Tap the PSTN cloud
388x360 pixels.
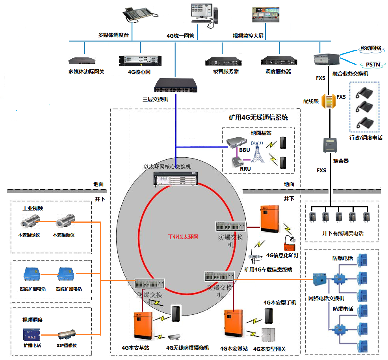pyautogui.click(x=373, y=65)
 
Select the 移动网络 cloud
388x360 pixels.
pyautogui.click(x=371, y=48)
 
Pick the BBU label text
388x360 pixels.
pyautogui.click(x=244, y=150)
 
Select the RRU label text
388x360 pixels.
pyautogui.click(x=245, y=169)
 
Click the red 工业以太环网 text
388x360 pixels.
pyautogui.click(x=183, y=237)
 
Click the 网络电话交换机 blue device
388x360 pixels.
pyautogui.click(x=319, y=279)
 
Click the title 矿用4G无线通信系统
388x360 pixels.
pyautogui.click(x=258, y=117)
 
